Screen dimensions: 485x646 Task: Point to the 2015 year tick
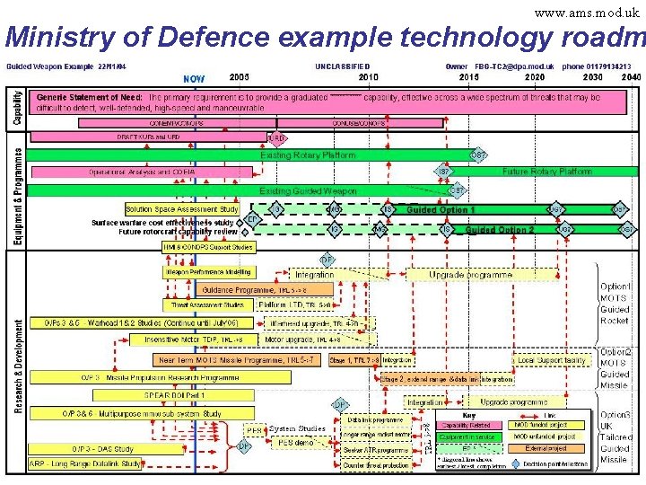tap(468, 78)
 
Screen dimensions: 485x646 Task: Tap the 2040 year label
tap(631, 78)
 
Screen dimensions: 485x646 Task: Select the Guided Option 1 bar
tap(441, 210)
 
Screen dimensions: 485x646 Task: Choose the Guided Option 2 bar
tap(500, 230)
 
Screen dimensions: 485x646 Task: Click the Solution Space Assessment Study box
tap(182, 209)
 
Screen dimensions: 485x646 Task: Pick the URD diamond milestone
tap(277, 139)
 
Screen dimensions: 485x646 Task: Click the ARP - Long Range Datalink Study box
tap(85, 464)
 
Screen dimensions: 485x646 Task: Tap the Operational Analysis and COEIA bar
tap(142, 172)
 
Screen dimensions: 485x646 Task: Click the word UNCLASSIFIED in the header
tap(342, 66)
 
